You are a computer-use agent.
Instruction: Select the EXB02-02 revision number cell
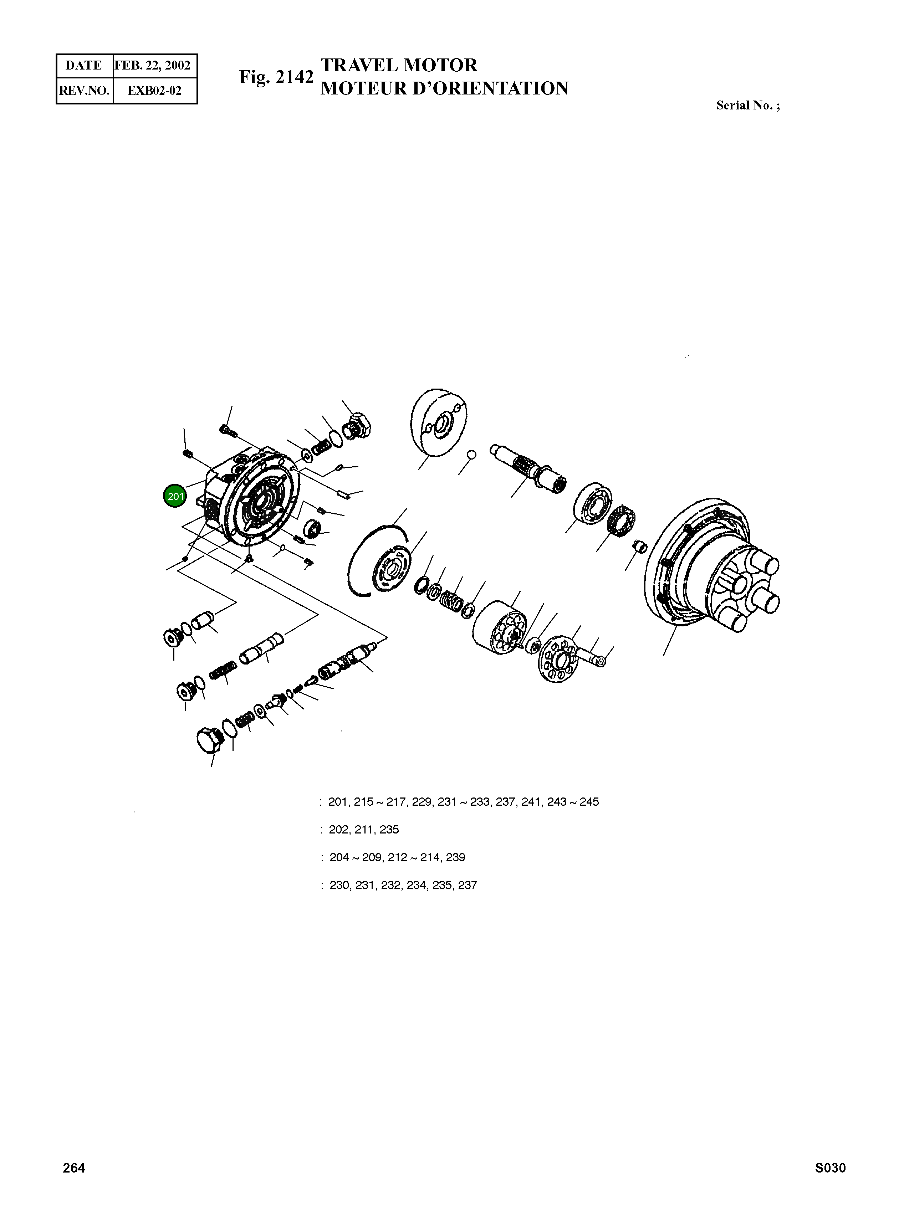[154, 90]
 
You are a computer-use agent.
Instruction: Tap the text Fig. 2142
[276, 77]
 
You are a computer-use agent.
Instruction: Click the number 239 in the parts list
[455, 857]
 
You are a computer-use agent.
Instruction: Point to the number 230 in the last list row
[339, 885]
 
